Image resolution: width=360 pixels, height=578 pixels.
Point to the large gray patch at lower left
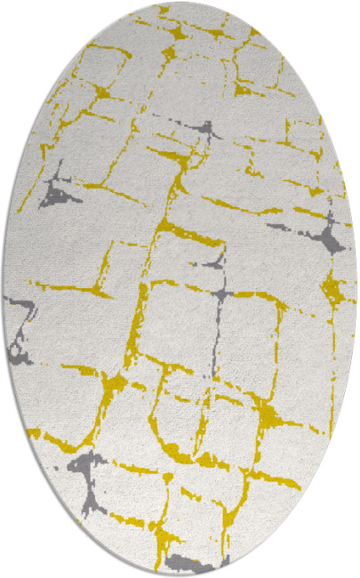(x=82, y=469)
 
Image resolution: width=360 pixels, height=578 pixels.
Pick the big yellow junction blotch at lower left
(x=114, y=384)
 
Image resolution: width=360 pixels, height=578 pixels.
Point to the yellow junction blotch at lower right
(x=267, y=413)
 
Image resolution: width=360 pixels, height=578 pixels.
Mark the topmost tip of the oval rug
(x=180, y=3)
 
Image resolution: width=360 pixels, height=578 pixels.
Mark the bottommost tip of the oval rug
(x=180, y=575)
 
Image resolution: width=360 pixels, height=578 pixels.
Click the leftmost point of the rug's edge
(x=3, y=289)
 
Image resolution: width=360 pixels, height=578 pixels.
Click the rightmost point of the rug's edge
(x=357, y=289)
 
